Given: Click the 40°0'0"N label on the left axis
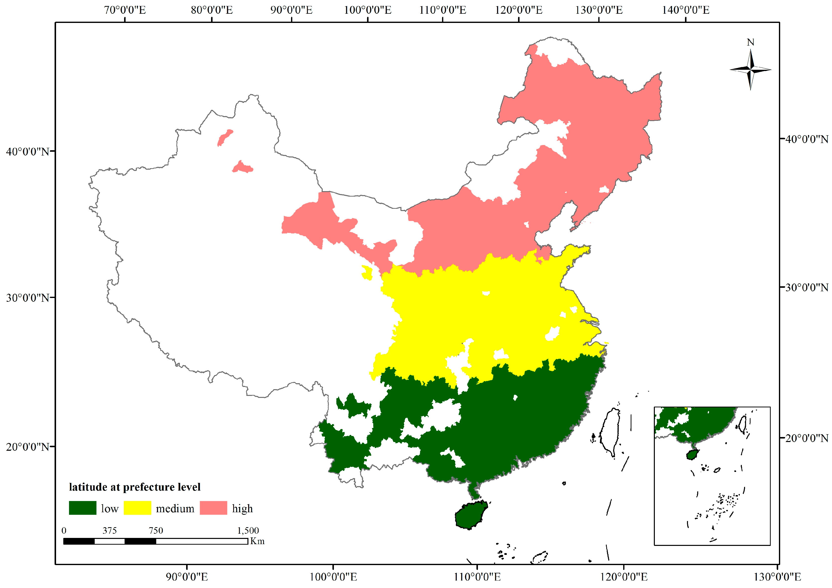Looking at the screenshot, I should tap(27, 151).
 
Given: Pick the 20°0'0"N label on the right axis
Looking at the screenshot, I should tap(806, 438).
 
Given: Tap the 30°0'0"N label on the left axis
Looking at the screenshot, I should tap(27, 298).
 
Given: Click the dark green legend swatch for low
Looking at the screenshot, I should tap(83, 508).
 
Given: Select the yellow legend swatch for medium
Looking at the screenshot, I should tap(137, 508).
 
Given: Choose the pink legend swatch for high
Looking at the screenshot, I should tap(214, 508).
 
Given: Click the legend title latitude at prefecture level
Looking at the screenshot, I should tap(135, 487).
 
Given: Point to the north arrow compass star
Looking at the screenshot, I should tap(751, 69).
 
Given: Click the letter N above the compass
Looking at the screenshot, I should tap(751, 42).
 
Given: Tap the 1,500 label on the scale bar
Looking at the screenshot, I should tap(248, 530).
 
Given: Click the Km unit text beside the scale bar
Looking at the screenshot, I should tap(257, 541).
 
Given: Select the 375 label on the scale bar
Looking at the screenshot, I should tap(109, 530).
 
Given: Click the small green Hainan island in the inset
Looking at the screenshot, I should tap(692, 454).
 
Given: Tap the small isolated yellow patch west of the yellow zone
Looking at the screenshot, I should tap(367, 272).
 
